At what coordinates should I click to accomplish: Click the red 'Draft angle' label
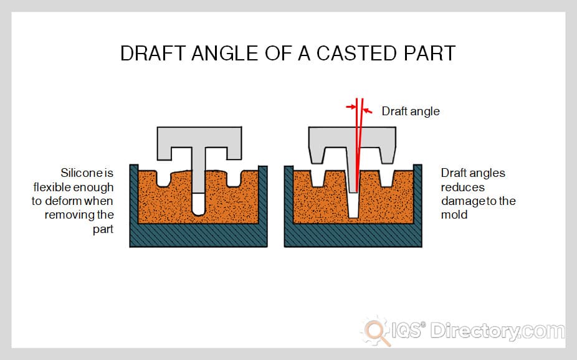click(x=411, y=111)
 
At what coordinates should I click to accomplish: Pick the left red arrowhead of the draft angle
click(x=350, y=107)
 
